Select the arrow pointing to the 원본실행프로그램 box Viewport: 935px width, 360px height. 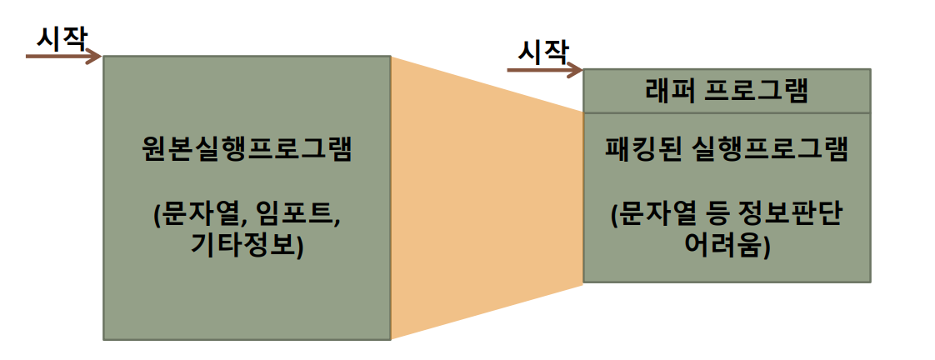point(62,57)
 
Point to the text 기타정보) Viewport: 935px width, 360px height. point(247,247)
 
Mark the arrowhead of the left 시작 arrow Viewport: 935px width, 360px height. point(96,57)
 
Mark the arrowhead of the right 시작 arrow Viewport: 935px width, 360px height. point(576,71)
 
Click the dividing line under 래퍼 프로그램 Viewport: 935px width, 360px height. point(727,112)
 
